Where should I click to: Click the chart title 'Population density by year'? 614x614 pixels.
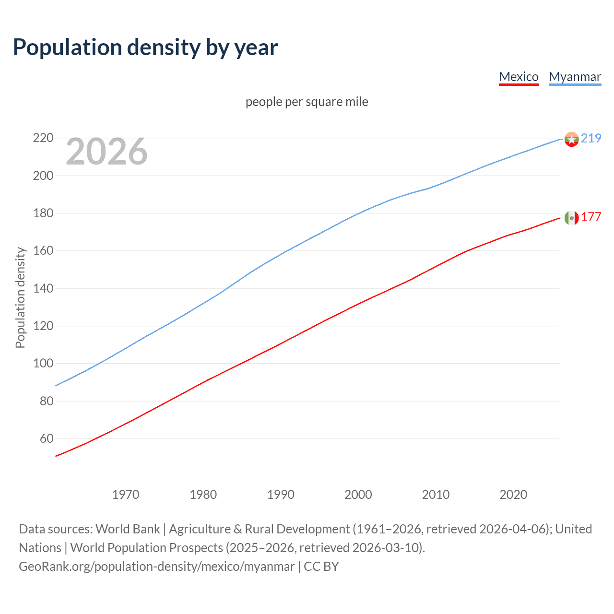145,47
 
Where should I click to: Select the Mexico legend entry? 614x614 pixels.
519,77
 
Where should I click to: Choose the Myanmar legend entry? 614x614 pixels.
575,77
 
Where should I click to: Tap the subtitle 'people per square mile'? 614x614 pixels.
307,102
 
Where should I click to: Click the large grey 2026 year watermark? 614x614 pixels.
106,152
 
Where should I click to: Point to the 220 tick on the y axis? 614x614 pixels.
43,138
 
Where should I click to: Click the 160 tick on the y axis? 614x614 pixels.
43,251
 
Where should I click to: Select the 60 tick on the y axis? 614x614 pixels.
46,438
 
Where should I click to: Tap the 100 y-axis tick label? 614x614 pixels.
43,364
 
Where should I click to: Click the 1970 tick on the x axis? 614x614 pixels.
126,495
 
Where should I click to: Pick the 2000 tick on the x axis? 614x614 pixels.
358,495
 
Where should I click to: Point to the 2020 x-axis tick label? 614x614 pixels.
513,495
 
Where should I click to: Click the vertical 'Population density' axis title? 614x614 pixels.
20,297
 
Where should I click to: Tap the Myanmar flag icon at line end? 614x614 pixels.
571,139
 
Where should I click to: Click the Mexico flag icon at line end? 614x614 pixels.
571,218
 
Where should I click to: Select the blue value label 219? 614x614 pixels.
591,138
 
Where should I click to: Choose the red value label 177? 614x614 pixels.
591,217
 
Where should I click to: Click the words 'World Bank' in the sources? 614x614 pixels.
128,529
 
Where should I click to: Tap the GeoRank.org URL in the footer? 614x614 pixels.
156,567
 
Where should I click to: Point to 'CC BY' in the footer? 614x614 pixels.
321,567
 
